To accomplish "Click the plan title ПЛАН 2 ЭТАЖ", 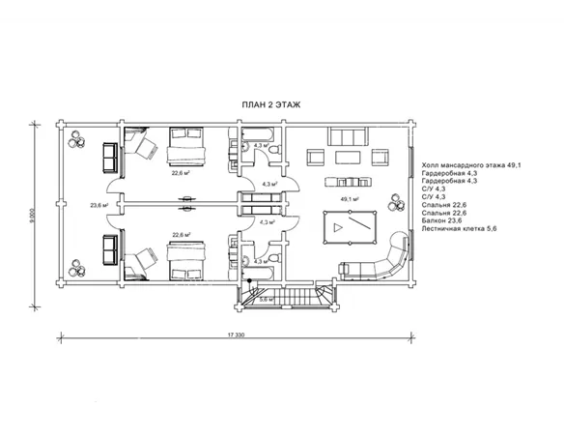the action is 270,104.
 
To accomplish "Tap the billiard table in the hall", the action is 350,227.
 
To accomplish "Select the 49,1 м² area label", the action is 350,199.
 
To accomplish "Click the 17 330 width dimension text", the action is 236,335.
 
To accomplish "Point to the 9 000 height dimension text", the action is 33,216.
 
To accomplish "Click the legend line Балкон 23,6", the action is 441,220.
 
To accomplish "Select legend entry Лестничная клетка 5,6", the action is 459,228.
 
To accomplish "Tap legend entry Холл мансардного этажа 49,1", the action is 471,165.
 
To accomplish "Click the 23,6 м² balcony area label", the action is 99,206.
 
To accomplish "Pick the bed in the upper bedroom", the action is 186,146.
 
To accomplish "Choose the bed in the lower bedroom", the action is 186,261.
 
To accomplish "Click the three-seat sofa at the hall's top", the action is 348,136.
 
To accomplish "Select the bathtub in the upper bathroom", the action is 258,134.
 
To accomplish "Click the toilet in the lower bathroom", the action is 275,258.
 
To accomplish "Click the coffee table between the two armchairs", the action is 348,158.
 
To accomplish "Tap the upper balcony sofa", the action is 110,157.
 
